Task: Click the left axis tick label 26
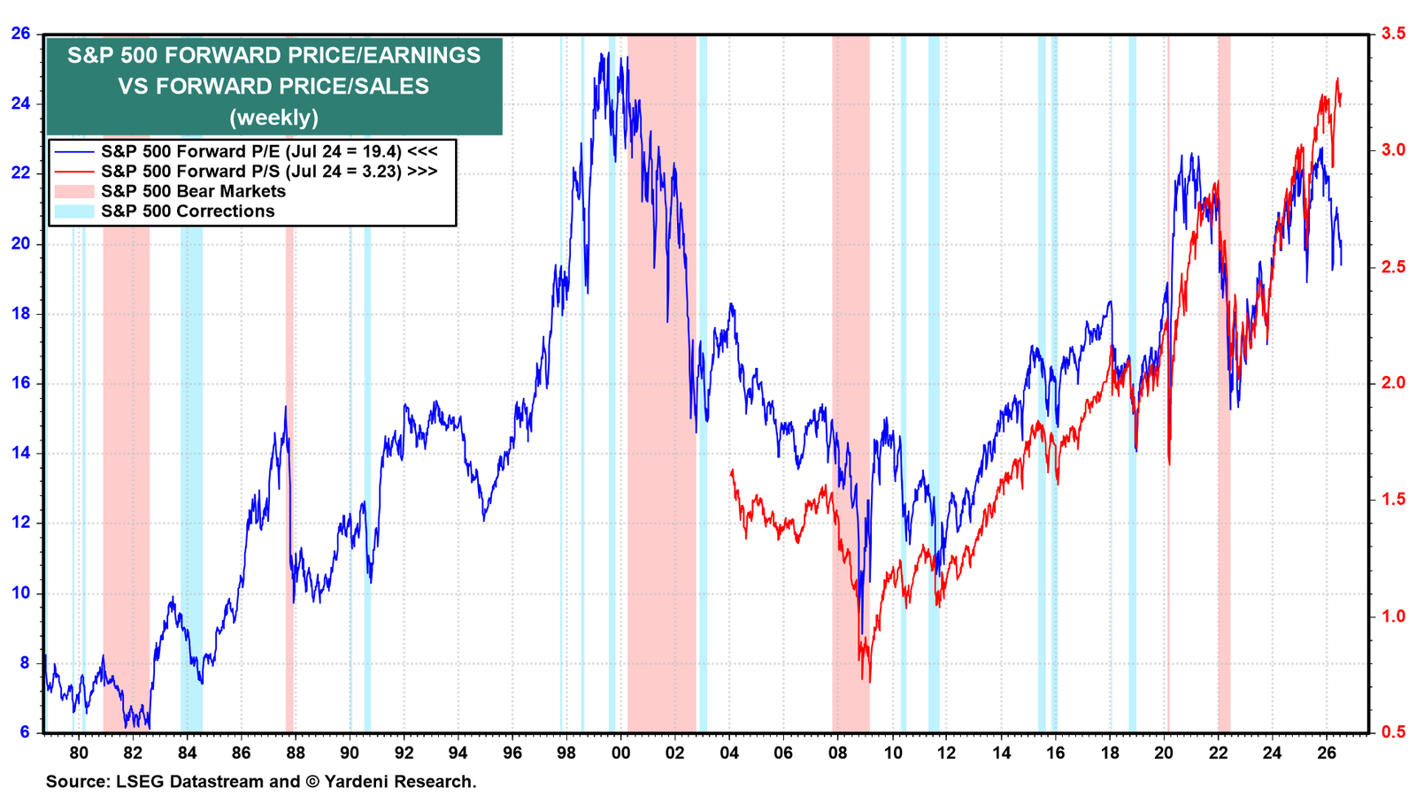20,33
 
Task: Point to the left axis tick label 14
20,453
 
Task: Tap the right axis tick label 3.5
1388,33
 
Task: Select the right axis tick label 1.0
1388,616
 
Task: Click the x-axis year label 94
458,753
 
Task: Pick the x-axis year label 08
837,753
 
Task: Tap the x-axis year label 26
1327,753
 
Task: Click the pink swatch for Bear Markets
73,191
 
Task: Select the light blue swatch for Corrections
73,211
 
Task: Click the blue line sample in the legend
73,151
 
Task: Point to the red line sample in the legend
73,172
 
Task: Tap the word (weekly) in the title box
273,118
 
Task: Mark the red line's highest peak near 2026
1337,79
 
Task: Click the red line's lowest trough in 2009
870,682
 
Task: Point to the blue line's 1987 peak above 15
285,407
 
